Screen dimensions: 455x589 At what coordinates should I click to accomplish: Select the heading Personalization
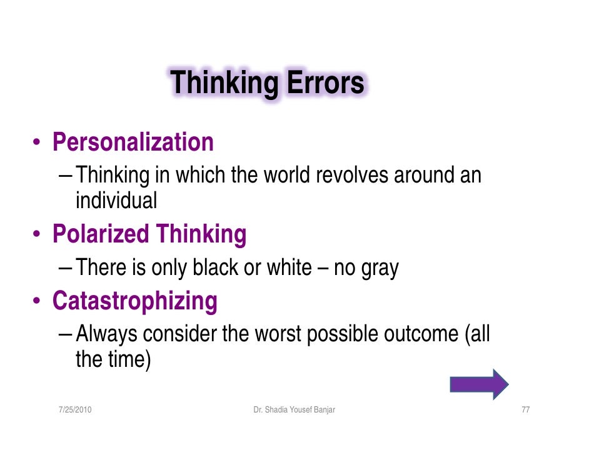(133, 142)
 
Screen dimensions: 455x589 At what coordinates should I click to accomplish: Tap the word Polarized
(101, 234)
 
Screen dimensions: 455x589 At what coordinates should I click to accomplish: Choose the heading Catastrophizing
(135, 301)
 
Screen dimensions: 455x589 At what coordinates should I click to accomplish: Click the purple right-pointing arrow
(479, 384)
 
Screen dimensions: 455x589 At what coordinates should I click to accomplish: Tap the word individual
(116, 201)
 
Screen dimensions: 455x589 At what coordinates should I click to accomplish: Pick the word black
(216, 267)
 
